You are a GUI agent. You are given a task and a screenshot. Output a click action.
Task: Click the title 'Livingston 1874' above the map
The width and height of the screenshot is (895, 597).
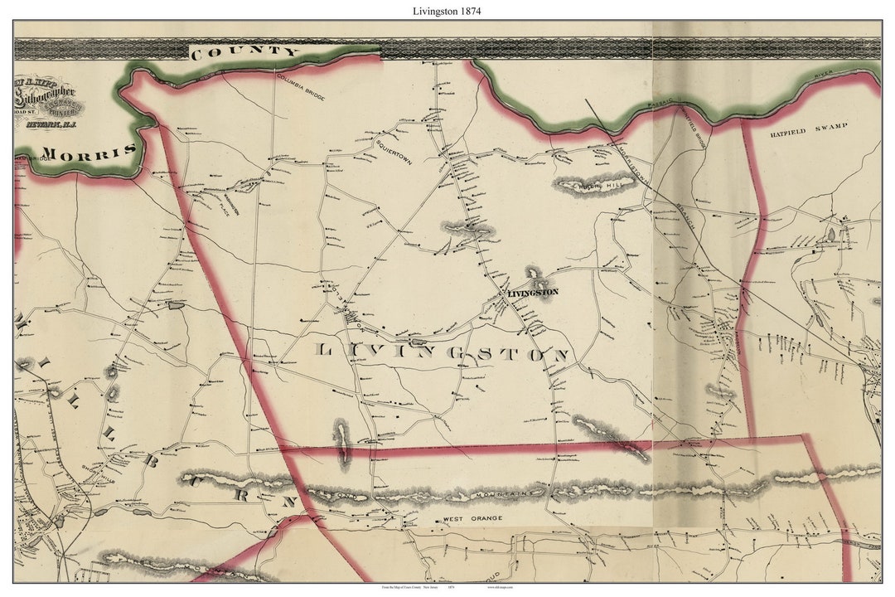(447, 12)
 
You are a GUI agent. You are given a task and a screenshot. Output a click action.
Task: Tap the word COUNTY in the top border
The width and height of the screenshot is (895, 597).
(244, 52)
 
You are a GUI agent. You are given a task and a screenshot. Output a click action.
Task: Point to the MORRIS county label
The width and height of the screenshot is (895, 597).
(89, 153)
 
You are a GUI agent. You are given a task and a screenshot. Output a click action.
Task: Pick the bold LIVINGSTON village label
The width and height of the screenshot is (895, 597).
(533, 292)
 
